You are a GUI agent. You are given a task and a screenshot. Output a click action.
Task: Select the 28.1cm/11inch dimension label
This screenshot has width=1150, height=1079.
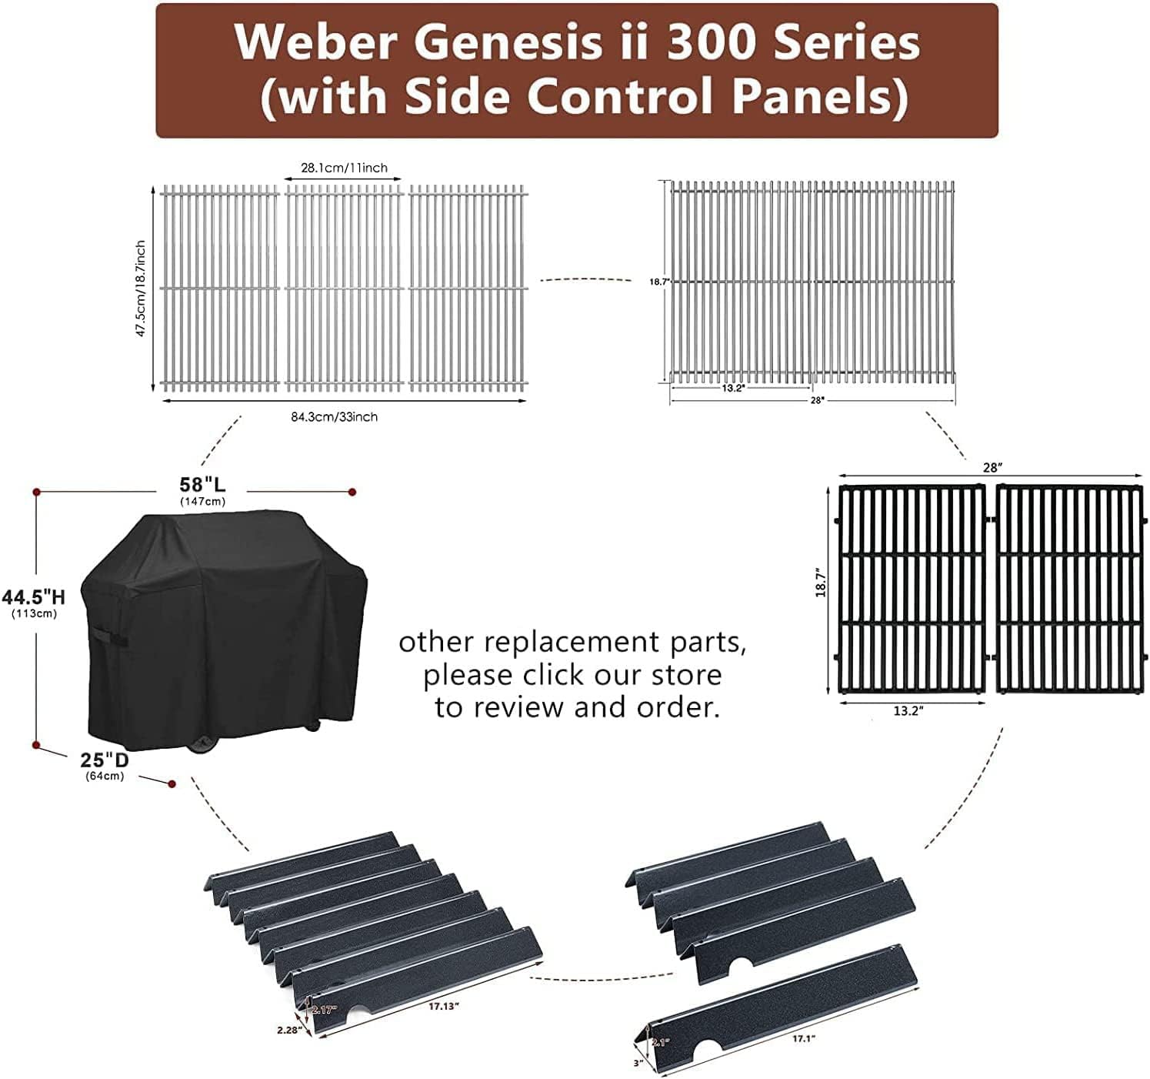pos(344,168)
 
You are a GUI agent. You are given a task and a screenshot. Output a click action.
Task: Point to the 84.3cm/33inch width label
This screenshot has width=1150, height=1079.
pos(334,417)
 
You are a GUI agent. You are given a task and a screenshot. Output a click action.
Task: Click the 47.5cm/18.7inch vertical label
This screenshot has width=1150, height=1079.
pos(140,289)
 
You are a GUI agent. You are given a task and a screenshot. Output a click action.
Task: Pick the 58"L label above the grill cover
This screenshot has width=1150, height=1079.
pos(203,486)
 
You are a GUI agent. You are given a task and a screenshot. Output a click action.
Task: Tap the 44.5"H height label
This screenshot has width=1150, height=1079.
pos(33,597)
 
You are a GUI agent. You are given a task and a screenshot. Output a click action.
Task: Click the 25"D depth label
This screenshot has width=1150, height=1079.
pos(105,760)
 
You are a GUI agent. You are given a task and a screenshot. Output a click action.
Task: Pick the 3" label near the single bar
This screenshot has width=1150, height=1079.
pos(638,1063)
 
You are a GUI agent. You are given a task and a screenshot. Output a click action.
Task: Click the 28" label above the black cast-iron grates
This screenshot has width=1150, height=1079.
pos(992,468)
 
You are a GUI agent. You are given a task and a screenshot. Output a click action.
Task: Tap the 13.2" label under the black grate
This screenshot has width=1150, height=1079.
pos(908,711)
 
